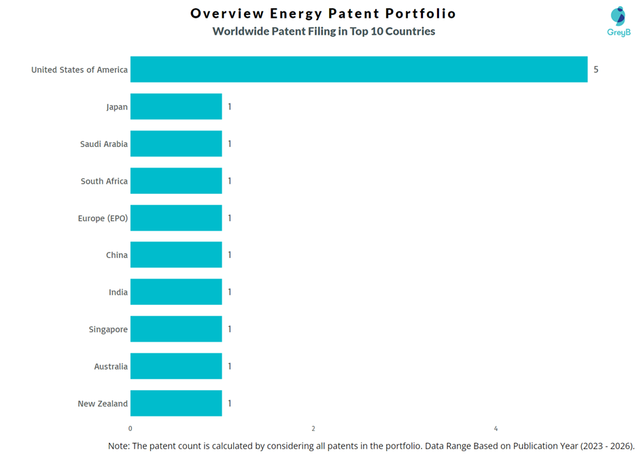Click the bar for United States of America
click(358, 69)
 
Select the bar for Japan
click(176, 107)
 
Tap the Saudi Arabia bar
click(176, 144)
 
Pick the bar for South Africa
click(176, 181)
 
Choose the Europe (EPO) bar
click(176, 218)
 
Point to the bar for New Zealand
click(176, 404)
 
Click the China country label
click(117, 255)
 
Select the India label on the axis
click(118, 292)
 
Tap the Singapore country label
click(108, 329)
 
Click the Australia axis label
click(111, 366)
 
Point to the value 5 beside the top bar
click(596, 69)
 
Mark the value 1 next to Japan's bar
click(230, 107)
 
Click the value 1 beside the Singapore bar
click(230, 329)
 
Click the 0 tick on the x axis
click(131, 429)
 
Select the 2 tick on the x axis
click(313, 429)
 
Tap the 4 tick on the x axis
click(496, 429)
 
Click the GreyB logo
click(619, 21)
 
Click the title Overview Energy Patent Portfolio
click(324, 14)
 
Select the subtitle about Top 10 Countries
click(324, 31)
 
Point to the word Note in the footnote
click(120, 446)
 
